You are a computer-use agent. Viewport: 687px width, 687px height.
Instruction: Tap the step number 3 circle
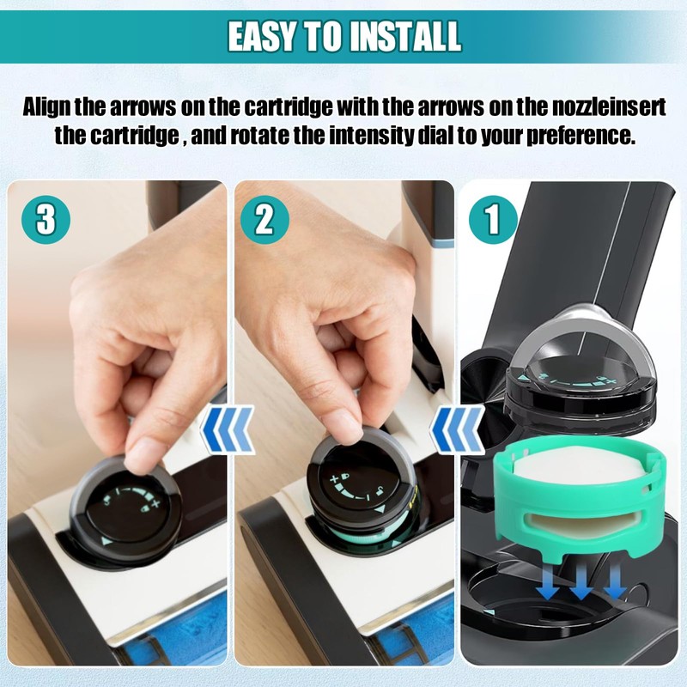(46, 219)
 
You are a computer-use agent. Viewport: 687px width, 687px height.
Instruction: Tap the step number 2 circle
(264, 219)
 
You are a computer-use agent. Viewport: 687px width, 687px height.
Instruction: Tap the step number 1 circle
(493, 220)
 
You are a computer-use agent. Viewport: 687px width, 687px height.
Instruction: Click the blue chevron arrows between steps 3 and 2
(228, 429)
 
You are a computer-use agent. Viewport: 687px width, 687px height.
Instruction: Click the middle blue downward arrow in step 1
(581, 584)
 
